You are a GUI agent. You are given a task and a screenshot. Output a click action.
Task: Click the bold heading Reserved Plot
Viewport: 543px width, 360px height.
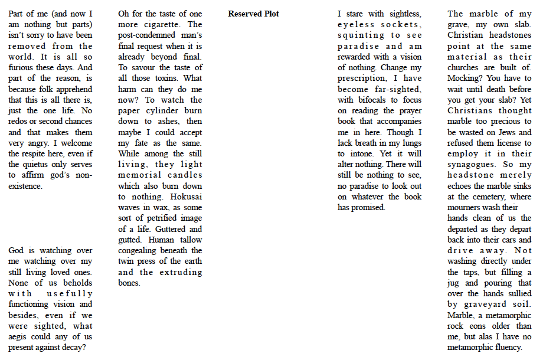[253, 14]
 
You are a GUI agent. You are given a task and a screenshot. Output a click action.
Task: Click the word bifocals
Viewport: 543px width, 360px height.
[374, 100]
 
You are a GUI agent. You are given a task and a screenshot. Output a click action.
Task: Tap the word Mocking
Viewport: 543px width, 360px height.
[465, 78]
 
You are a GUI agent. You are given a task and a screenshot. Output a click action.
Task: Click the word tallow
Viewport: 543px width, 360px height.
[189, 240]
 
